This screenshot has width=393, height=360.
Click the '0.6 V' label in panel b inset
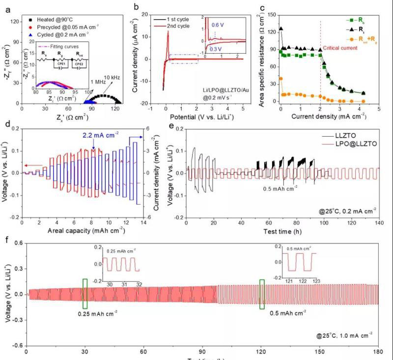point(218,25)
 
